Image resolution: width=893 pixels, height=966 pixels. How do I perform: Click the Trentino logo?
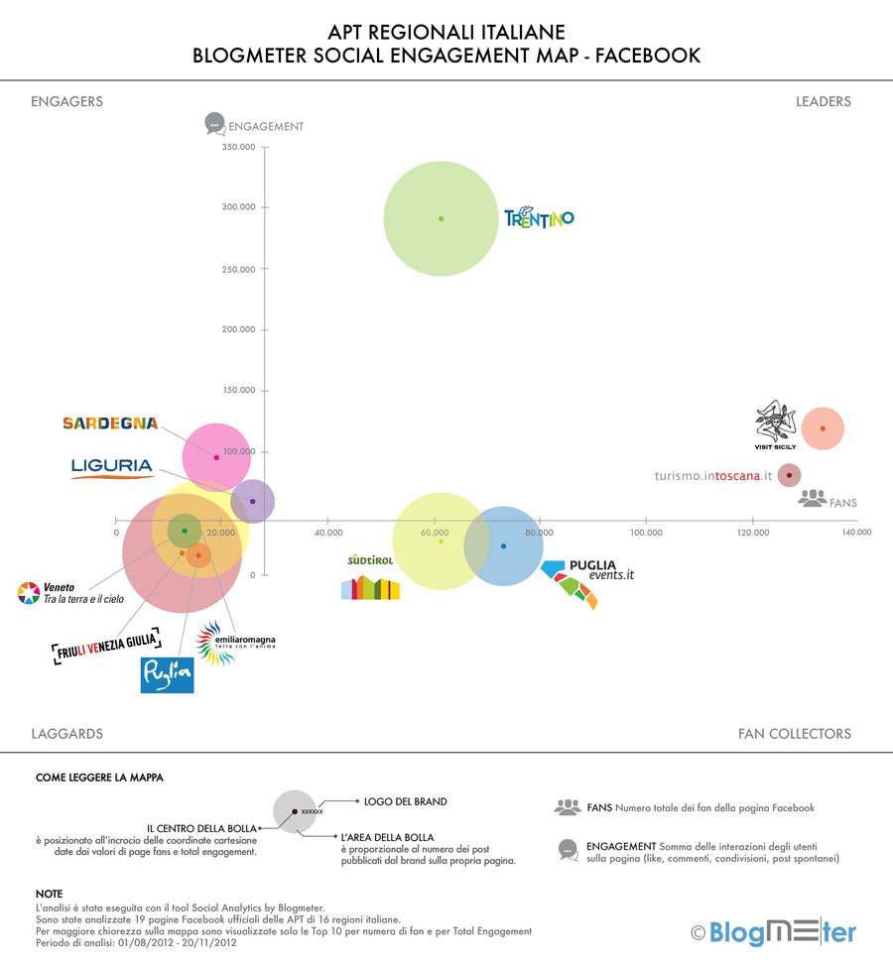point(539,218)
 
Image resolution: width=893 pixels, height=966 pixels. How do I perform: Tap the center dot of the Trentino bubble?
point(441,218)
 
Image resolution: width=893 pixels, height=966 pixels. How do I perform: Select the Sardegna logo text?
point(110,423)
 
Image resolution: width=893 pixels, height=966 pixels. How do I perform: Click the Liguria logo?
point(112,467)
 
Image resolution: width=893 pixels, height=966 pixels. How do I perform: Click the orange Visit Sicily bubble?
point(823,428)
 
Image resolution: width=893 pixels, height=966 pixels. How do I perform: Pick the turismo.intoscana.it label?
point(713,476)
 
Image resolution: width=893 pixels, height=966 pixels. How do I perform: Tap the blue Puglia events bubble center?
point(503,546)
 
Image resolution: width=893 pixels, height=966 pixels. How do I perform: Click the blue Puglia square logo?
point(167,673)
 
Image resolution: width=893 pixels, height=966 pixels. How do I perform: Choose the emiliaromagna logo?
point(235,642)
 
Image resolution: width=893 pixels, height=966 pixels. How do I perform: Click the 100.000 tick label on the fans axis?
point(646,533)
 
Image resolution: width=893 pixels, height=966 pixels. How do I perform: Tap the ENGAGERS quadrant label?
point(66,101)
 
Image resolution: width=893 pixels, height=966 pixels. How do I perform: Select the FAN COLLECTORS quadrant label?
point(794,734)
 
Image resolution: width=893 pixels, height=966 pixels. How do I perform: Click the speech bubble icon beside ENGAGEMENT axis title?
point(213,124)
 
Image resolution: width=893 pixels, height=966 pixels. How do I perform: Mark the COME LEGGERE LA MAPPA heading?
point(99,778)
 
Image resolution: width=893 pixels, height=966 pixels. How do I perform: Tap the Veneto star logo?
point(29,593)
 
